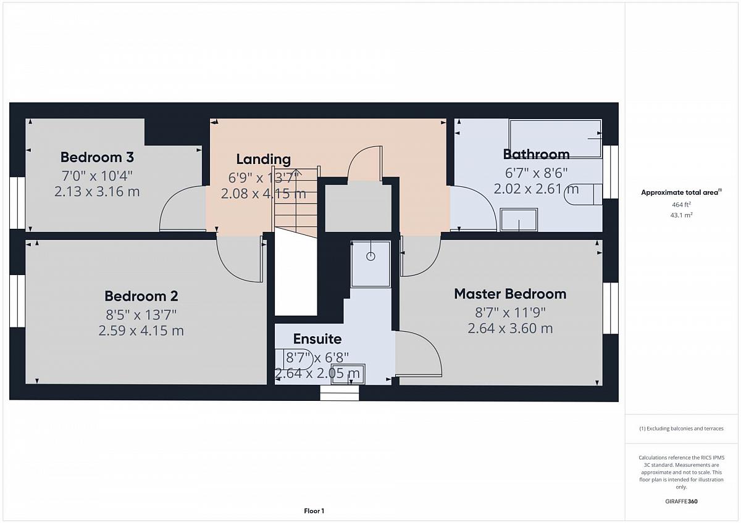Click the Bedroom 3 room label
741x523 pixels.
click(x=97, y=157)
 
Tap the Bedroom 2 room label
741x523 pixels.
click(x=141, y=296)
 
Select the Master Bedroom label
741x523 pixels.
click(x=510, y=294)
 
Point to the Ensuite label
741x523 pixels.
click(x=317, y=339)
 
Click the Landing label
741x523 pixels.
click(x=263, y=160)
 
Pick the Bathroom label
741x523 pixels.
click(x=536, y=154)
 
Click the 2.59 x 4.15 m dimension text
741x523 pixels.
click(x=141, y=331)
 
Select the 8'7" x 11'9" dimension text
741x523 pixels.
click(x=510, y=312)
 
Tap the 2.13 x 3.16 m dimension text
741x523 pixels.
click(x=97, y=192)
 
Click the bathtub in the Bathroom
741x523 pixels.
click(x=555, y=138)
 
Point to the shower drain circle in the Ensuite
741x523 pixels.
click(x=371, y=257)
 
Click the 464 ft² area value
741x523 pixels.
click(x=681, y=205)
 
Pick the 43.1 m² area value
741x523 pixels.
click(x=681, y=215)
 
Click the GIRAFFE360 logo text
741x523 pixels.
click(x=681, y=501)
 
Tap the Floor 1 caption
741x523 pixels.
click(x=314, y=511)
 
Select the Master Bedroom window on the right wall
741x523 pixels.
click(x=610, y=308)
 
